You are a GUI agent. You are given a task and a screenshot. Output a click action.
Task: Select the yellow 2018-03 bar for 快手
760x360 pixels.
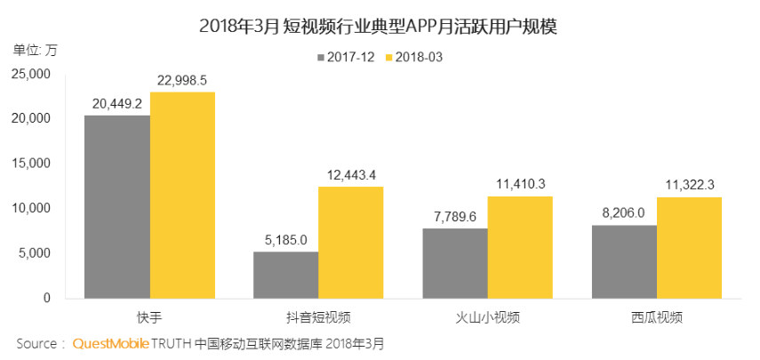coord(182,195)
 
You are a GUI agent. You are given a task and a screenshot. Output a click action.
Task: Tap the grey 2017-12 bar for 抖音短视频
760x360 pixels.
coord(285,275)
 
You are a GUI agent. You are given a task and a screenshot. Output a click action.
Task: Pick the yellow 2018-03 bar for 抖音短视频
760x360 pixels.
coord(351,242)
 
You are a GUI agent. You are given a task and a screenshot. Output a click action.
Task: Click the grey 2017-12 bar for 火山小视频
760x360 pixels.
coord(454,263)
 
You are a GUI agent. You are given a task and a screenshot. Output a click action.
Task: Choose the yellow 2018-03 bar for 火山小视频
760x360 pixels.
coord(520,247)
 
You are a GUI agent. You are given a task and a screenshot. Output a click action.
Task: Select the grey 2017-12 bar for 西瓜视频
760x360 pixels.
coord(623,261)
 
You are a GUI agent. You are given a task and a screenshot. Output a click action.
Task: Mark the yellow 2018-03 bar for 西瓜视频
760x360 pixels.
coord(689,247)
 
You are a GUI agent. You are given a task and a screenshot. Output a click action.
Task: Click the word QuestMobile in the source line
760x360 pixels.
coord(110,342)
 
